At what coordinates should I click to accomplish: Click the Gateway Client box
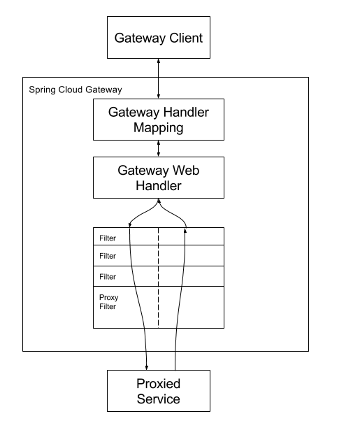[159, 37]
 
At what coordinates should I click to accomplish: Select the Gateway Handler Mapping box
[159, 120]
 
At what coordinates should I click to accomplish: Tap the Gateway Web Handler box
[159, 178]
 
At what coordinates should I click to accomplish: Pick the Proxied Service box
[159, 391]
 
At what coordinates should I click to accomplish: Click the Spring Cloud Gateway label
[75, 89]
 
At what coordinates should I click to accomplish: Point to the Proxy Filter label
[108, 302]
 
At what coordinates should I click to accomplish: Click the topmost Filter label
[108, 238]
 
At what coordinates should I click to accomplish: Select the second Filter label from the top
[108, 256]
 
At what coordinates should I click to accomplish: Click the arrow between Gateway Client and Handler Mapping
[159, 78]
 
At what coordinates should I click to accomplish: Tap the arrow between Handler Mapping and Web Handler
[159, 148]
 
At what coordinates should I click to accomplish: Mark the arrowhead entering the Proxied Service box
[146, 368]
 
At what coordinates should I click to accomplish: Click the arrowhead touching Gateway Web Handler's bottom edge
[159, 201]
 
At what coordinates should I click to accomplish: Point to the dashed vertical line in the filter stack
[158, 278]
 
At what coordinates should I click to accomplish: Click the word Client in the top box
[186, 38]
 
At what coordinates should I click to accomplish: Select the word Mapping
[159, 128]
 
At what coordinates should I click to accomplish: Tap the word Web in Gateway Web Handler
[186, 170]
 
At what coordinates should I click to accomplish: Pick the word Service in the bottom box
[158, 399]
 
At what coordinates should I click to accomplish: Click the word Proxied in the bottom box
[158, 384]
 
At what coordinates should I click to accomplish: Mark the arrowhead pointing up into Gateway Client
[159, 61]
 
